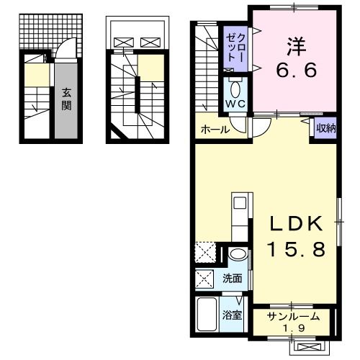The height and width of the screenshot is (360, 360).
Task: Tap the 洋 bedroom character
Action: pos(294,47)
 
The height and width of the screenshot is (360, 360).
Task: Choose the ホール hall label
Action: pos(215,130)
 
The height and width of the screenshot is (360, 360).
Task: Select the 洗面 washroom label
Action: pos(232,279)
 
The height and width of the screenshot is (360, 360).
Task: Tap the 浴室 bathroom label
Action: pos(231,315)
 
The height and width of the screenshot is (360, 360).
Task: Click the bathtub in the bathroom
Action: pos(207,315)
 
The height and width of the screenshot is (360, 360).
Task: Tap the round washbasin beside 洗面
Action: pos(236,256)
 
